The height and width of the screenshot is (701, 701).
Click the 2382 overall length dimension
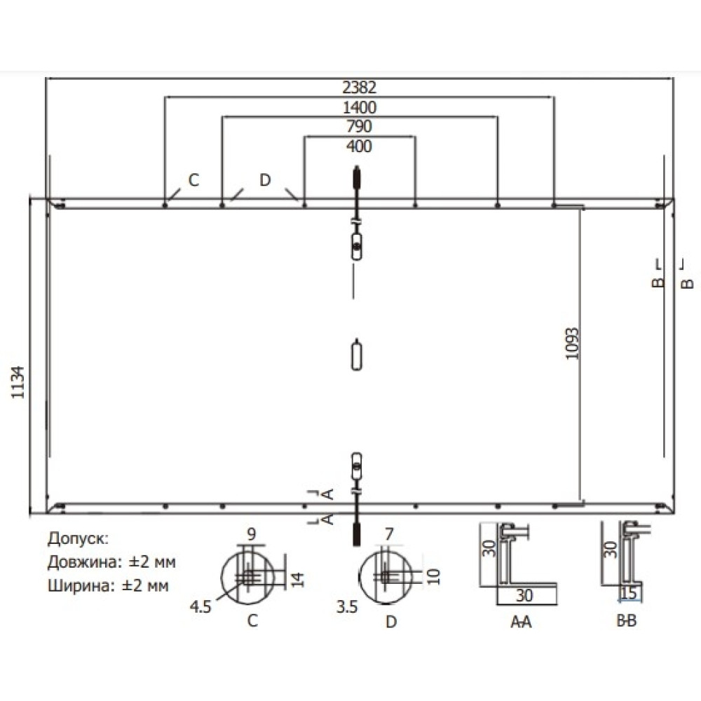pyautogui.click(x=360, y=87)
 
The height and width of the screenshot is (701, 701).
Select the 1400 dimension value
pyautogui.click(x=360, y=107)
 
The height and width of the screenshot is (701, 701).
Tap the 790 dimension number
pyautogui.click(x=359, y=126)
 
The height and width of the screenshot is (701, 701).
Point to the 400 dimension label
pyautogui.click(x=359, y=147)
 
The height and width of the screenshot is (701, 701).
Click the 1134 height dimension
pyautogui.click(x=18, y=383)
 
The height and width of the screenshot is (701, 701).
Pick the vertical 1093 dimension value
pyautogui.click(x=572, y=343)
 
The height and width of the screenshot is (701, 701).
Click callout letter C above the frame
pyautogui.click(x=193, y=180)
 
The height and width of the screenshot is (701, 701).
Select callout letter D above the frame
pyautogui.click(x=265, y=180)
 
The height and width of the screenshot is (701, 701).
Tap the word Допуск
pyautogui.click(x=79, y=538)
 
